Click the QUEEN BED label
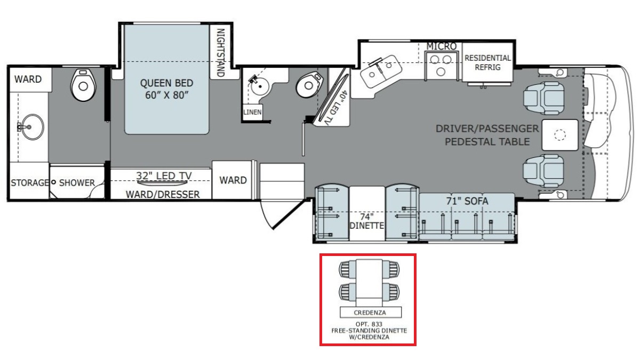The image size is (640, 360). tap(166, 89)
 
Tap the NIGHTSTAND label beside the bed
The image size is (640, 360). tap(221, 53)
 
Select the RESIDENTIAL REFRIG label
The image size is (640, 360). tap(487, 62)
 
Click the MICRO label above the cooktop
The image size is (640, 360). tap(442, 46)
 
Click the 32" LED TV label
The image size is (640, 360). tap(164, 175)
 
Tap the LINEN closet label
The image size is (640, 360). tap(252, 112)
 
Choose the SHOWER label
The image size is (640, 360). tap(77, 183)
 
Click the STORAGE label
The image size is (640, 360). tap(29, 182)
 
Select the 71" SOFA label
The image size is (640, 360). tap(467, 201)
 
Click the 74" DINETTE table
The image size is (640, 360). tap(367, 213)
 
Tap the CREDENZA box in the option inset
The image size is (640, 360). tap(371, 313)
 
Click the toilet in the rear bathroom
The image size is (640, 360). tap(83, 85)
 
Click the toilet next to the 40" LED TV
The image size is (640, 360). tap(308, 84)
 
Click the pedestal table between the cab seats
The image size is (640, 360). tap(560, 135)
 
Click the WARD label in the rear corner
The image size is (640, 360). tap(28, 79)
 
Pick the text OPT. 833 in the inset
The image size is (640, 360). tap(369, 324)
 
